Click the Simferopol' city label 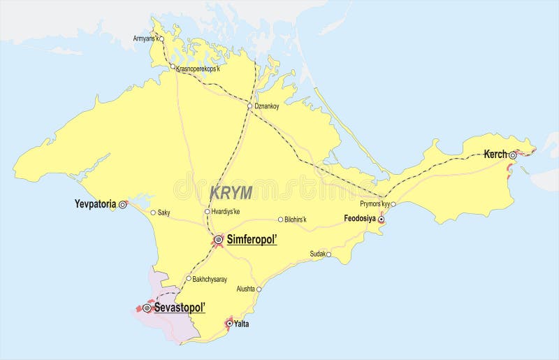click(252, 240)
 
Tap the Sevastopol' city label click(179, 308)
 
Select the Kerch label click(495, 154)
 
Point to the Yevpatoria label click(95, 205)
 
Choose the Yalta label click(241, 324)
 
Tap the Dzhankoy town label click(267, 106)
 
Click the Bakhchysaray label click(210, 279)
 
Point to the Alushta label click(246, 288)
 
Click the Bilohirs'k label click(296, 219)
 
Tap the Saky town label click(164, 213)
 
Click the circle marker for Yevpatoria click(123, 205)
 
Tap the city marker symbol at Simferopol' click(218, 240)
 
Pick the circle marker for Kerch click(512, 154)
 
